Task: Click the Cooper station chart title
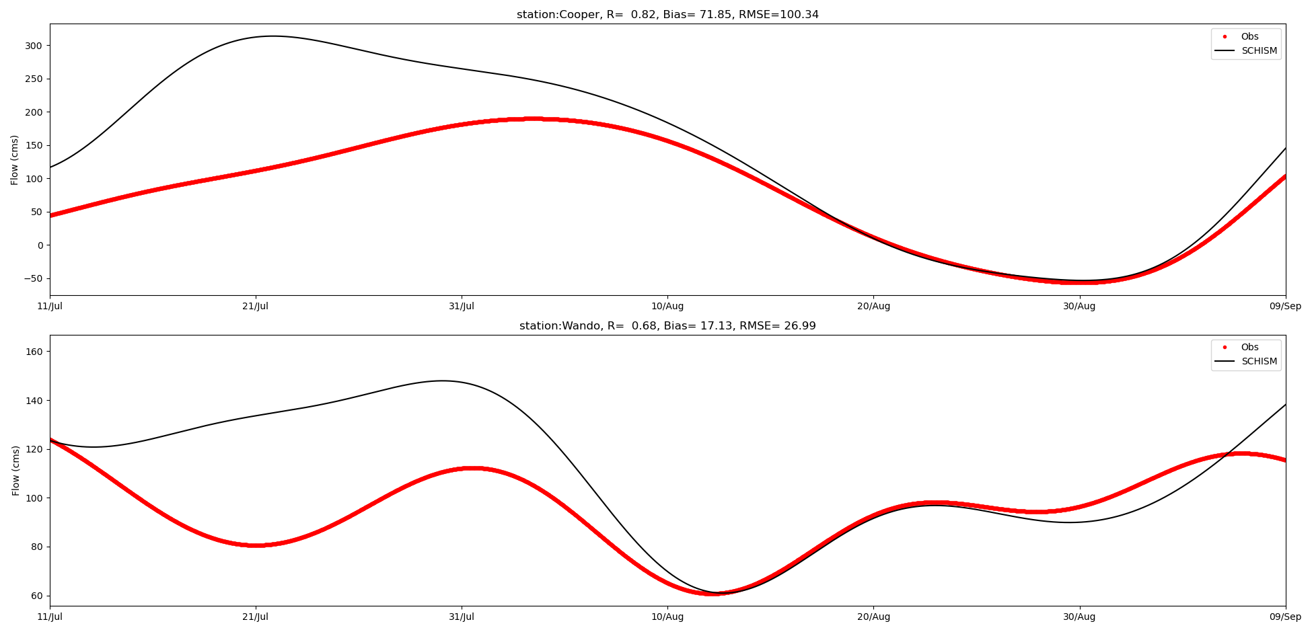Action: [x=667, y=15]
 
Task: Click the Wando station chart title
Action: [x=667, y=326]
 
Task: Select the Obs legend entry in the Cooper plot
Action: [x=1249, y=37]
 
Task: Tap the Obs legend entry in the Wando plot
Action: [x=1249, y=348]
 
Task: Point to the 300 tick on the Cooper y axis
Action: [x=34, y=46]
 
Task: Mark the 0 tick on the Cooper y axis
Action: [x=40, y=245]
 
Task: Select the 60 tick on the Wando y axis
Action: [x=37, y=596]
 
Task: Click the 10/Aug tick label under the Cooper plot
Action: [x=667, y=307]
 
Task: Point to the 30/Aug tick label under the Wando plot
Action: [x=1079, y=617]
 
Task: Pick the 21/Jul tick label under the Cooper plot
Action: [x=256, y=307]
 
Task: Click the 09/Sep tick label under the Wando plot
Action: [x=1285, y=617]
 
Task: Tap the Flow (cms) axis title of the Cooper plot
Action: [x=15, y=159]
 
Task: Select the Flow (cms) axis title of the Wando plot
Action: [x=16, y=471]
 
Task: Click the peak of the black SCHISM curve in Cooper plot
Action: [x=272, y=36]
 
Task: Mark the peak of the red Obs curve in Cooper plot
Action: [x=532, y=119]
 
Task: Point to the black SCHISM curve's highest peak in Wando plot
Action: [x=442, y=381]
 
